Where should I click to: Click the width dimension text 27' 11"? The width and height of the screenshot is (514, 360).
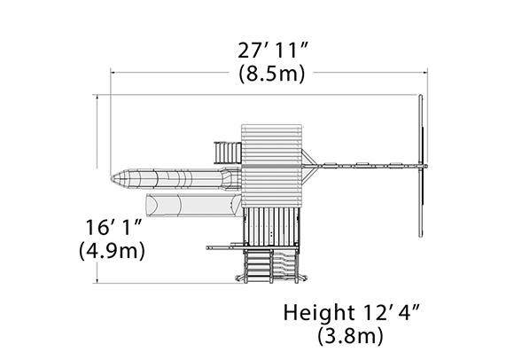pyautogui.click(x=273, y=51)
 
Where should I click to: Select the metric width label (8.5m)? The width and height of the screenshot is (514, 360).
pyautogui.click(x=272, y=74)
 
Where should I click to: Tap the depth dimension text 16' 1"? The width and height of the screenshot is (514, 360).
pyautogui.click(x=113, y=227)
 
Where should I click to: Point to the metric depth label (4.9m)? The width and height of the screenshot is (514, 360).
pyautogui.click(x=112, y=251)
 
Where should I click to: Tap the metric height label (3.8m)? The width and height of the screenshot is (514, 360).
pyautogui.click(x=350, y=335)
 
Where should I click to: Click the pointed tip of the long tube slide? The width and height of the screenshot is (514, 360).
pyautogui.click(x=111, y=178)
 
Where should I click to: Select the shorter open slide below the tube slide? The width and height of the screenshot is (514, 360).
pyautogui.click(x=194, y=205)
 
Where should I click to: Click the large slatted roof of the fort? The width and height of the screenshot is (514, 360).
pyautogui.click(x=271, y=166)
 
